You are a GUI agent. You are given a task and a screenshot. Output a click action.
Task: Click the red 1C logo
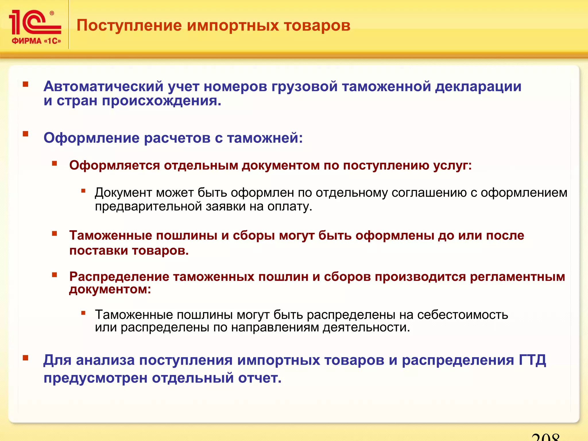pyautogui.click(x=34, y=23)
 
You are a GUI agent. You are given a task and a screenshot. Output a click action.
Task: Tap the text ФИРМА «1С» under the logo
pyautogui.click(x=36, y=41)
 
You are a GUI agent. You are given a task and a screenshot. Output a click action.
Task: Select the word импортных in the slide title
pyautogui.click(x=233, y=26)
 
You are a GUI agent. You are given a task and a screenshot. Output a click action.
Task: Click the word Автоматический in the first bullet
pyautogui.click(x=103, y=86)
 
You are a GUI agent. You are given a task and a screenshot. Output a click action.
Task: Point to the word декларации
pyautogui.click(x=478, y=86)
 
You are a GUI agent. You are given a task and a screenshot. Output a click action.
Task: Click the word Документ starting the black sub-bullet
pyautogui.click(x=123, y=193)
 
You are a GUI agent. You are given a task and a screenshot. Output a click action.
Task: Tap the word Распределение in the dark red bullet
pyautogui.click(x=119, y=277)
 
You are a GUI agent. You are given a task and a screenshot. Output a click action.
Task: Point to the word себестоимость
pyautogui.click(x=462, y=315)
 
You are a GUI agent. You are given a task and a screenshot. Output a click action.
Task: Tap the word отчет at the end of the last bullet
pyautogui.click(x=260, y=378)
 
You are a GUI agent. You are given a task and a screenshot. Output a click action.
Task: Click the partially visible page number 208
pyautogui.click(x=545, y=437)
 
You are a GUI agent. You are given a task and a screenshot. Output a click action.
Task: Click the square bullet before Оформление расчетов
pyautogui.click(x=26, y=134)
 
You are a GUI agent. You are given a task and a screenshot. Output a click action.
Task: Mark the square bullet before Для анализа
pyautogui.click(x=26, y=358)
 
